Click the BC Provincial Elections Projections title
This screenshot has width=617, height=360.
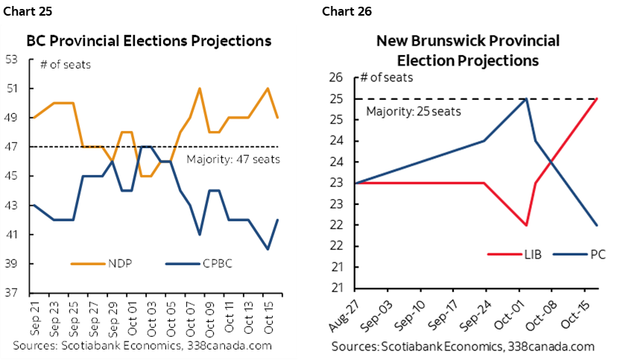click(x=149, y=40)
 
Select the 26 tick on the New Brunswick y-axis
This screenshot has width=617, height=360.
click(x=335, y=78)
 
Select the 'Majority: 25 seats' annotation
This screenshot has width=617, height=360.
click(x=414, y=112)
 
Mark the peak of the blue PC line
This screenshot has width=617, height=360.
click(x=527, y=99)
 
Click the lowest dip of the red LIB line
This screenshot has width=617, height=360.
click(x=526, y=225)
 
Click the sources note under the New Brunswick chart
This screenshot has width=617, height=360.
click(x=463, y=347)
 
